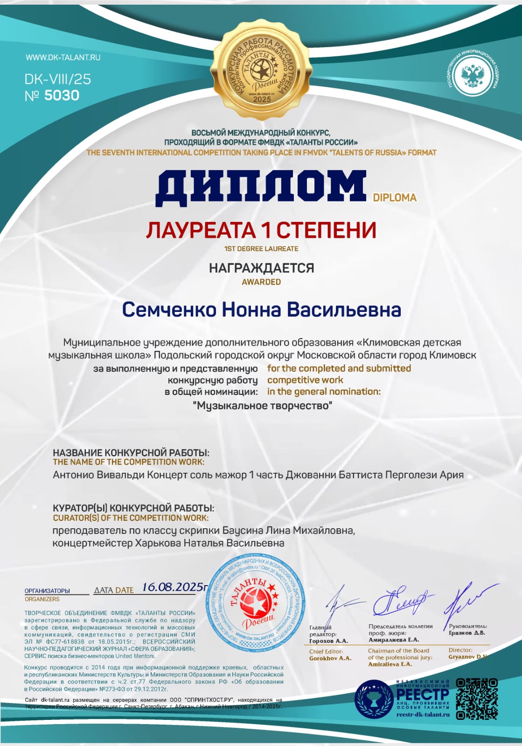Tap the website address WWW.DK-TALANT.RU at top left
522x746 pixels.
pos(63,57)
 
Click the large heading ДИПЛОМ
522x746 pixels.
pos(261,187)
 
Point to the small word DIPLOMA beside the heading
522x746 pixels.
pos(395,198)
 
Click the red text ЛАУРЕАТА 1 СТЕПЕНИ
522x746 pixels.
pos(261,230)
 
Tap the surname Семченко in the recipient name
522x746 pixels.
pos(169,310)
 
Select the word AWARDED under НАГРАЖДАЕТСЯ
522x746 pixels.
pos(261,282)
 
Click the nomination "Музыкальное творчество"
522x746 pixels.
pos(262,406)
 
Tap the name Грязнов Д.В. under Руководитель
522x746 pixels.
pos(467,633)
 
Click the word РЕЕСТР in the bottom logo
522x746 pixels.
pos(422,694)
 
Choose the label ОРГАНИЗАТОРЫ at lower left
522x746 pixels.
pos(47,591)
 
